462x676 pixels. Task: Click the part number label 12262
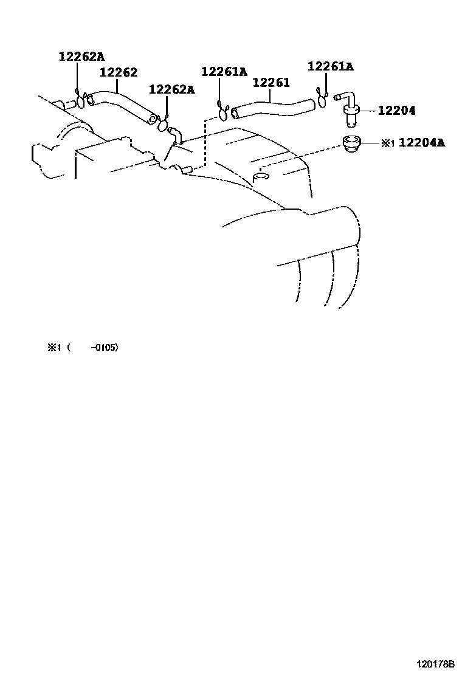tap(119, 73)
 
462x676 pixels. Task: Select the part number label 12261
tap(271, 83)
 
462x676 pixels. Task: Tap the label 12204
tap(396, 111)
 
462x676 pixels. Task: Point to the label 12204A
tap(422, 143)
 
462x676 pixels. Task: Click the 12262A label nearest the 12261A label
tap(171, 90)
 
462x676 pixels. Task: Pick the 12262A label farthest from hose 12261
tap(81, 57)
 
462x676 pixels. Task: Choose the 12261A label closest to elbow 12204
tap(330, 67)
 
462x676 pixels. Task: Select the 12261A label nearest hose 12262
tap(224, 72)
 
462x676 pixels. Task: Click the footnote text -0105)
tap(104, 348)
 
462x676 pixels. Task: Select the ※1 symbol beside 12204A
tap(388, 143)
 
